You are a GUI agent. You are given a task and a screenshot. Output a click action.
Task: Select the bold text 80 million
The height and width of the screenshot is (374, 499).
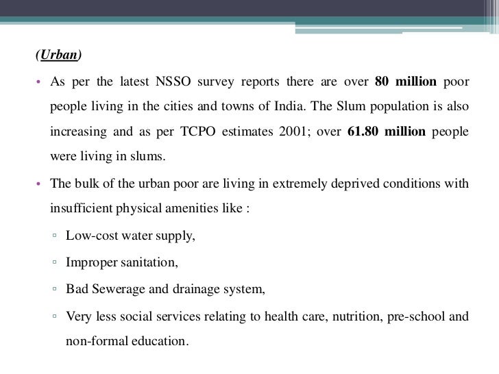tap(406, 84)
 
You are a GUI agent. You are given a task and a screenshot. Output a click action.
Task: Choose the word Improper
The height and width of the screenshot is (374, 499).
tap(92, 262)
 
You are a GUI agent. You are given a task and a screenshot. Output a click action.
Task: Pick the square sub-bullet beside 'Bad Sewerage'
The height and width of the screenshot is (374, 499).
tap(54, 289)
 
